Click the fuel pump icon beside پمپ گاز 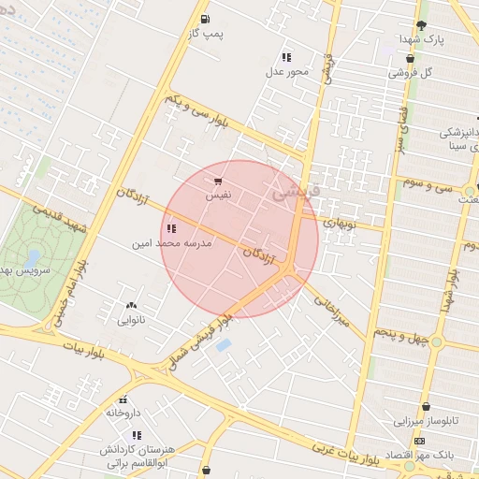pyautogui.click(x=205, y=19)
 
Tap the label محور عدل pyautogui.click(x=285, y=71)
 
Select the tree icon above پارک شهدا pyautogui.click(x=421, y=25)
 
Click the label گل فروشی pyautogui.click(x=418, y=72)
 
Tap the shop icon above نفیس pyautogui.click(x=218, y=181)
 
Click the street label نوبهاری pyautogui.click(x=341, y=223)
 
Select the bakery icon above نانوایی pyautogui.click(x=130, y=305)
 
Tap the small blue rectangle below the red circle pyautogui.click(x=224, y=345)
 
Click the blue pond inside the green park pyautogui.click(x=35, y=256)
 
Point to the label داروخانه pyautogui.click(x=123, y=412)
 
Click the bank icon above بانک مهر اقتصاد pyautogui.click(x=419, y=441)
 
